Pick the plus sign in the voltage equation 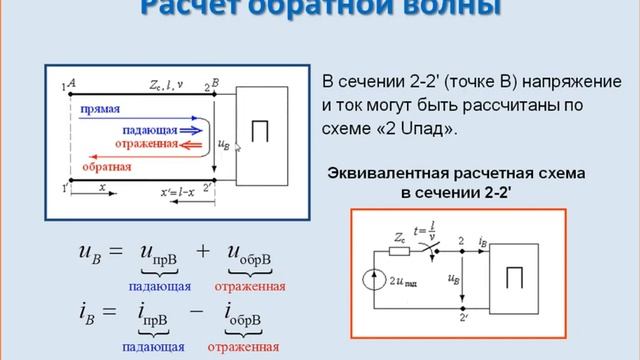(x=202, y=250)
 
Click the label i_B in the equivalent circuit (x=484, y=239)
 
